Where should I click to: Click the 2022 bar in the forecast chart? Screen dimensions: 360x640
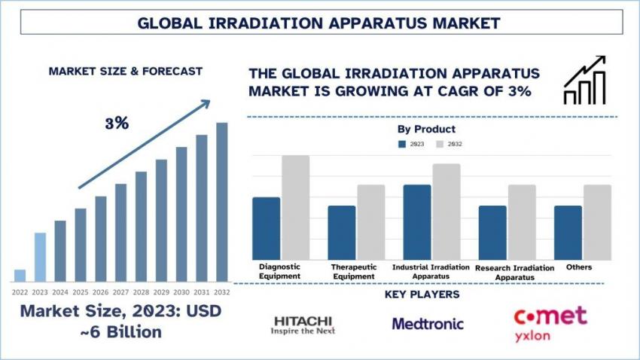pos(20,276)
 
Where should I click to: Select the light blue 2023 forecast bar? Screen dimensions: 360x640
pos(40,257)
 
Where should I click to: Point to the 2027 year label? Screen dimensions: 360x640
pos(120,291)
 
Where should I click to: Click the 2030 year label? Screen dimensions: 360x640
pos(181,291)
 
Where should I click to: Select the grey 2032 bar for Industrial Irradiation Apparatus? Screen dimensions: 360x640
pos(446,212)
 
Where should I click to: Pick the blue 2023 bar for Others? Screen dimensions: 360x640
pos(568,233)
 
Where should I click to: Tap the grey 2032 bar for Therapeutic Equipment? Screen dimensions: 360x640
pos(370,223)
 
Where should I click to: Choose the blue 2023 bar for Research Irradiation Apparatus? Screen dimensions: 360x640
pos(492,233)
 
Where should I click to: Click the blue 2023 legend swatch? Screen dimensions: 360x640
pos(402,143)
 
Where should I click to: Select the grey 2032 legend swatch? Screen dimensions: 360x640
pos(440,143)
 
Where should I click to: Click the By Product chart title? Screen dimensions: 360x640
pos(426,130)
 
